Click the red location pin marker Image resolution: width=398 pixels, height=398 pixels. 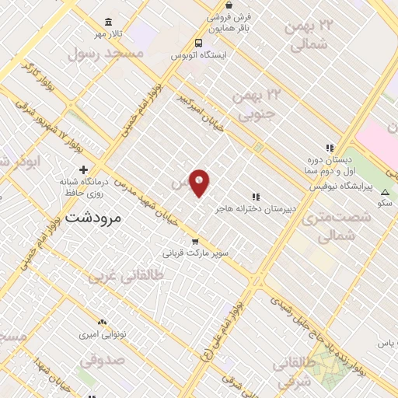click(200, 183)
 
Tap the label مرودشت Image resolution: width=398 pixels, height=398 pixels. click(94, 218)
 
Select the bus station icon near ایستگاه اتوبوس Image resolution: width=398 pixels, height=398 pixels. click(199, 43)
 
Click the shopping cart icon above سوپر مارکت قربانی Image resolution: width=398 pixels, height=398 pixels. click(195, 241)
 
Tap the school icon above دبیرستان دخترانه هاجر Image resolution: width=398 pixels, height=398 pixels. click(255, 197)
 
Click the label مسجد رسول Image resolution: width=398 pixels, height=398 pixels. click(106, 52)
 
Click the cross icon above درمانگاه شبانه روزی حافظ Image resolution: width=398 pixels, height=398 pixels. click(83, 169)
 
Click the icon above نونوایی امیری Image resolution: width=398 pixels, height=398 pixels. click(102, 322)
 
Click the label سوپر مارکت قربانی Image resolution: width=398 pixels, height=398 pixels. click(194, 253)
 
